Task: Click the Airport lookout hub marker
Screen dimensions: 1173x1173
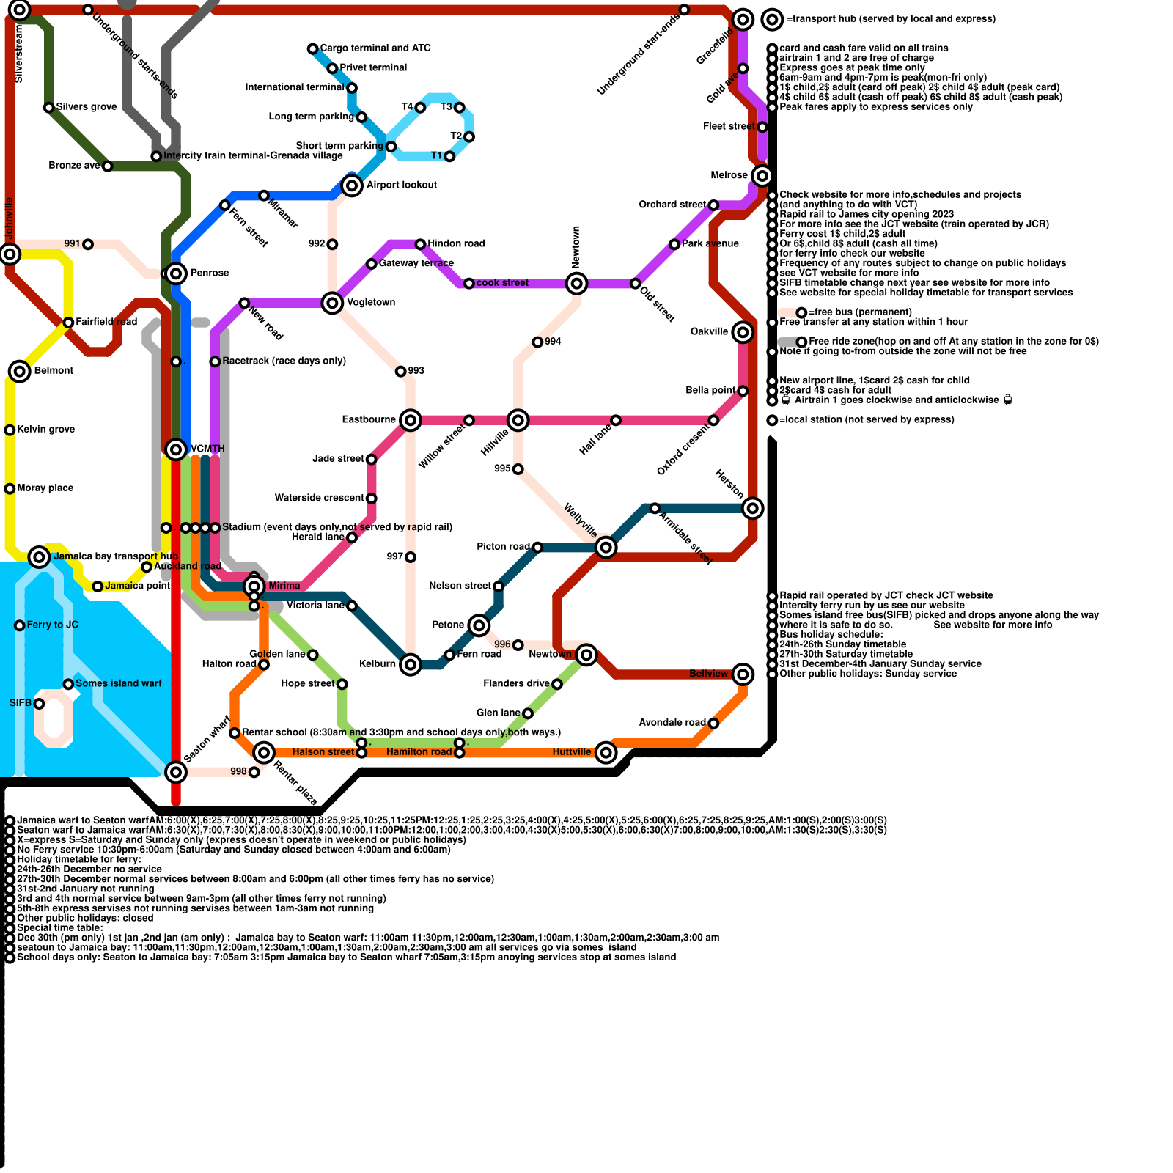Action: [x=352, y=185]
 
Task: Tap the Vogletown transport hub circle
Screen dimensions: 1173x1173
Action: [x=332, y=302]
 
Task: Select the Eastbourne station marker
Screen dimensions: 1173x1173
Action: [x=411, y=420]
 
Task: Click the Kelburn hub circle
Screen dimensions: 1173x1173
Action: [x=411, y=664]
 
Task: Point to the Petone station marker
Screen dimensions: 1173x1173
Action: [x=479, y=625]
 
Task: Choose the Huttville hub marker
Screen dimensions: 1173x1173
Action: [x=606, y=752]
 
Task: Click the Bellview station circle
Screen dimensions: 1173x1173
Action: [x=743, y=674]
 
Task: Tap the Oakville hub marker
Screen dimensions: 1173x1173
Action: [x=743, y=332]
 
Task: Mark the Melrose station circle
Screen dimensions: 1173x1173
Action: [x=762, y=176]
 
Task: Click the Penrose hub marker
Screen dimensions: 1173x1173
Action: [x=176, y=273]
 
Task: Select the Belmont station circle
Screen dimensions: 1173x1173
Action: [x=20, y=371]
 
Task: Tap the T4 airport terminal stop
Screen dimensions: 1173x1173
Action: [x=420, y=108]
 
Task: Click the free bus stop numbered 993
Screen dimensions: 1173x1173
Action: [x=400, y=372]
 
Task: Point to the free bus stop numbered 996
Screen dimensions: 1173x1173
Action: [x=518, y=645]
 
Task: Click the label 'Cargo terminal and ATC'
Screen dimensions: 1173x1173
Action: [x=375, y=48]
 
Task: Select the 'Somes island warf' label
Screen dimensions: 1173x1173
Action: [x=118, y=683]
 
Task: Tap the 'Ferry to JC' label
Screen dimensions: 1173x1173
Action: [x=52, y=625]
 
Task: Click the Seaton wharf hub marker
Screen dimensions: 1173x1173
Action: [x=176, y=771]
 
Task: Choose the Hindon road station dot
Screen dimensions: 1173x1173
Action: [x=420, y=244]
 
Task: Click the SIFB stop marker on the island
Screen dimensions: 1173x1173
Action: [x=39, y=704]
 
